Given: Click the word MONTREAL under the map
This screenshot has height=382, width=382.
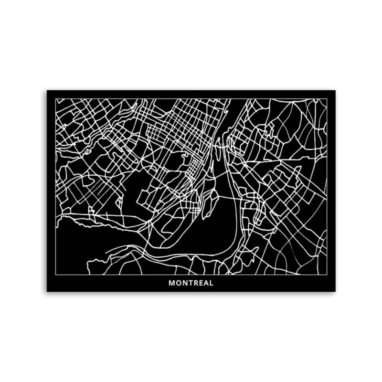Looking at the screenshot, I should pos(191,283).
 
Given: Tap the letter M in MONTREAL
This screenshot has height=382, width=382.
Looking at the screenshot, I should pos(172,283).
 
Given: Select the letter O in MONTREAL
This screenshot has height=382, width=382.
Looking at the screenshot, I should pos(178,283).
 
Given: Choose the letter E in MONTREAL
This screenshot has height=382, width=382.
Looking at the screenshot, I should pos(200,283).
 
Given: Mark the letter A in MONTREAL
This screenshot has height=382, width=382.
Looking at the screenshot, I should pos(205,283).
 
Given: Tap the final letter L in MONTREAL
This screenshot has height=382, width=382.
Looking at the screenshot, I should pos(211,283).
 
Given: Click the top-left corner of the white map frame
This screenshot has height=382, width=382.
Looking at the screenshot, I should pos(56,99).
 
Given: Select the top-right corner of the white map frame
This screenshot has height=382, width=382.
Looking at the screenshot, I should pos(327,99).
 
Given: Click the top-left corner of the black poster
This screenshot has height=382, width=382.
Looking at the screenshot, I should pos(47,90).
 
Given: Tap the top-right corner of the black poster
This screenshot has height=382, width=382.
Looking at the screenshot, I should pos(335,90).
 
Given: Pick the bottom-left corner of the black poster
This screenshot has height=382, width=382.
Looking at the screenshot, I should pos(47,291).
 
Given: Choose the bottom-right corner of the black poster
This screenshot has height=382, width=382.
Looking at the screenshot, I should pos(335,291).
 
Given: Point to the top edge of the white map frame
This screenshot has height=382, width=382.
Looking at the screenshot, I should pos(191,99).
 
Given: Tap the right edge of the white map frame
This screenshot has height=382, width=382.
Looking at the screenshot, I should pos(327,186).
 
